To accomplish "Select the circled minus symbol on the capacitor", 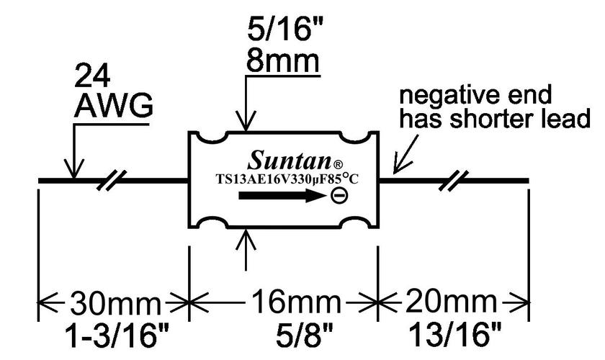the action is tap(338, 195).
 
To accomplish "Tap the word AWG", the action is tap(114, 107).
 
